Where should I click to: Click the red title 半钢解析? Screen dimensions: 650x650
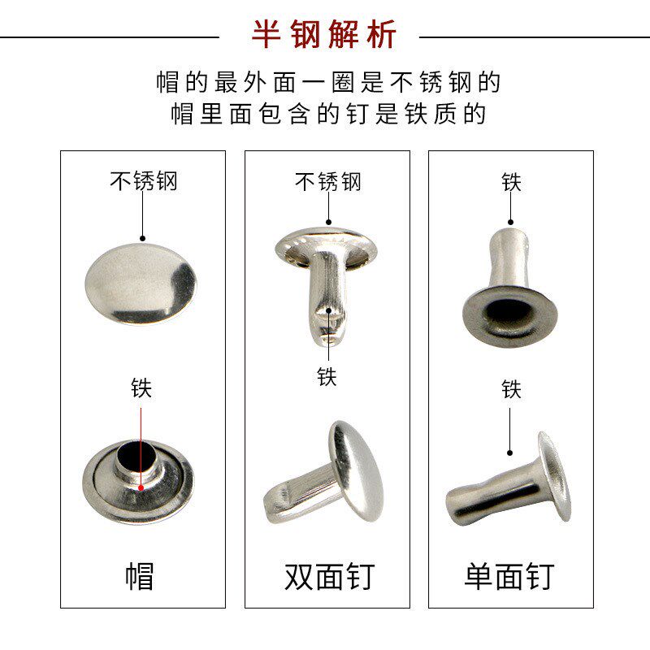click(x=323, y=36)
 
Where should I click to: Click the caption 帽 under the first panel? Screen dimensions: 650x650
click(x=140, y=576)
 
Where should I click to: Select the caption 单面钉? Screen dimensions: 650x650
click(x=509, y=576)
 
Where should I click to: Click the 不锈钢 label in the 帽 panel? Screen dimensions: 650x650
click(x=143, y=180)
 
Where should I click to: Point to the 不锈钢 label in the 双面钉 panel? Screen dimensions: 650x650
click(x=327, y=180)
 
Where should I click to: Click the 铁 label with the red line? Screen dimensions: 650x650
click(x=141, y=388)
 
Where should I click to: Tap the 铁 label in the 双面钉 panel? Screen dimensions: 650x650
click(x=327, y=377)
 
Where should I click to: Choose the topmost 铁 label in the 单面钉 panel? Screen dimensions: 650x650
click(x=511, y=182)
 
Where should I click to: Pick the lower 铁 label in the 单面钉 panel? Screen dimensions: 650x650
click(x=511, y=389)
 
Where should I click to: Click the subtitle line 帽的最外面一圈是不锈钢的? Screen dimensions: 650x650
click(x=328, y=82)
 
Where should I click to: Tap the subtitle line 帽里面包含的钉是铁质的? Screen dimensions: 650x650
click(x=328, y=114)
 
